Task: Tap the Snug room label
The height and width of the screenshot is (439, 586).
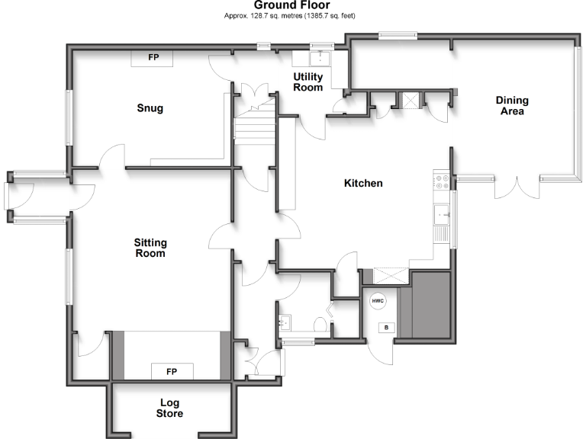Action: [150, 108]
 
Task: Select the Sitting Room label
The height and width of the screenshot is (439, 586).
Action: [150, 248]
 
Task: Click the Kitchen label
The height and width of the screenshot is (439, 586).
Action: [363, 184]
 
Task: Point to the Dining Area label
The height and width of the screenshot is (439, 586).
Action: [512, 106]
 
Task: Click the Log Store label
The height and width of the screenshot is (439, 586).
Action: [171, 408]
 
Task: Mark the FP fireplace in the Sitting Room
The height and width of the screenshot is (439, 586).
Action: [171, 371]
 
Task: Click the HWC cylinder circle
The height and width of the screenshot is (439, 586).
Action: [378, 301]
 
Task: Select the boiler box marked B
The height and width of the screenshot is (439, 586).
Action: [386, 328]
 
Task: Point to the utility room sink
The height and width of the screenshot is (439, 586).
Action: [318, 58]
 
